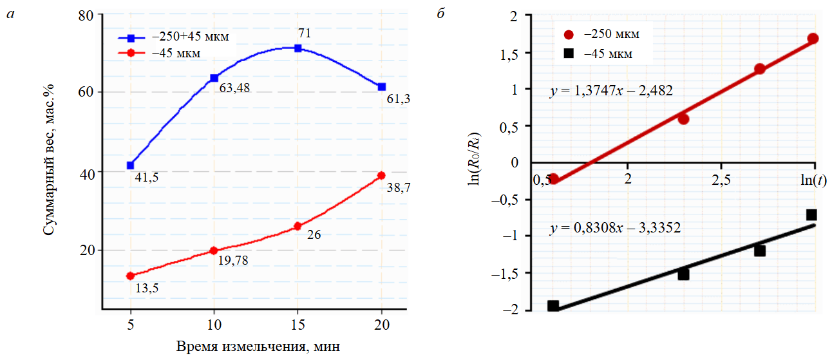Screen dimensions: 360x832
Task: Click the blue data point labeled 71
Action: [x=298, y=48]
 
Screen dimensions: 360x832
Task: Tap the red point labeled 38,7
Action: [x=381, y=175]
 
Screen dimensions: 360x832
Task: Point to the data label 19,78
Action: [x=232, y=260]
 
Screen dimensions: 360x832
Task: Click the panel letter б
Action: [x=440, y=14]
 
